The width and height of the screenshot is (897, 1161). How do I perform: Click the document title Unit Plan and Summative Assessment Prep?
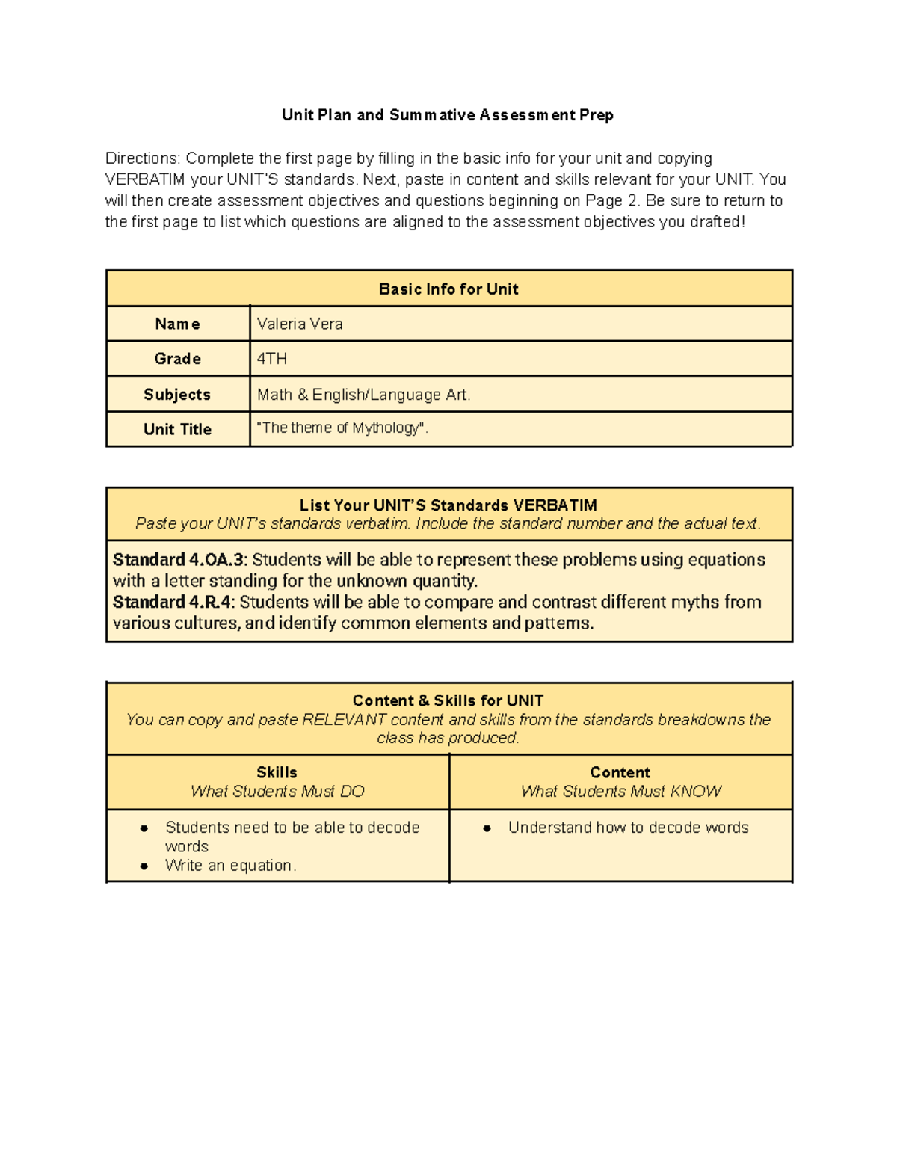447,115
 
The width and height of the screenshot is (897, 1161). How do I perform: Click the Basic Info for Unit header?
448,289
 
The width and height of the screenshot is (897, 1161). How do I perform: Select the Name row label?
177,324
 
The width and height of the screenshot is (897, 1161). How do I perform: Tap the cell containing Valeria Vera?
300,324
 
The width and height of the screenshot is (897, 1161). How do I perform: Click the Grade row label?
177,359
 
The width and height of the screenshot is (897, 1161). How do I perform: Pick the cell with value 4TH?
272,359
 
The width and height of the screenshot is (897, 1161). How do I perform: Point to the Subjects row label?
177,395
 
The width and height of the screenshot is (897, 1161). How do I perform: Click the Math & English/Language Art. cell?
363,395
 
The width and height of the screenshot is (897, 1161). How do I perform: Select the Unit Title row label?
177,430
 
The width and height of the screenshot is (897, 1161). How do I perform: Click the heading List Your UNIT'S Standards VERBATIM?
448,505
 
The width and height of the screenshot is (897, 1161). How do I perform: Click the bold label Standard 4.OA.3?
179,560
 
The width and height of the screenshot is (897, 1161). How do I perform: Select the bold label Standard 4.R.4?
173,602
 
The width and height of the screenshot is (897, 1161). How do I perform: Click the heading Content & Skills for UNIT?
448,700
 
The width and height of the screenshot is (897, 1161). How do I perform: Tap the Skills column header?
277,772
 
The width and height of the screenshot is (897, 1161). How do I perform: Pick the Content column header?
620,772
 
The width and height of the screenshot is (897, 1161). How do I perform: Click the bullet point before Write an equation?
144,866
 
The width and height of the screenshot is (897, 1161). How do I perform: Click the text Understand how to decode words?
628,828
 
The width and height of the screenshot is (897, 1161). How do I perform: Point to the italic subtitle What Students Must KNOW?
620,792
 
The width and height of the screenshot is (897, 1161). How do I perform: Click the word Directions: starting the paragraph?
143,158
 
